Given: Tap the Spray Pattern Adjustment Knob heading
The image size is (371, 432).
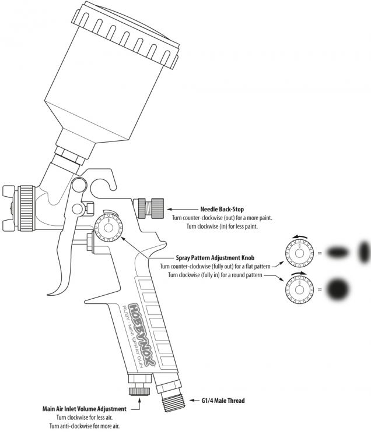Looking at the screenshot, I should tap(214, 257).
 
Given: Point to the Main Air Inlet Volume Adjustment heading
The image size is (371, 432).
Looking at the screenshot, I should tap(85, 409).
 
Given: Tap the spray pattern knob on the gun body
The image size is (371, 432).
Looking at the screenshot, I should tap(107, 226).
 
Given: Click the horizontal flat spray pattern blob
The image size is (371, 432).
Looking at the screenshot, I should tap(337, 252).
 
